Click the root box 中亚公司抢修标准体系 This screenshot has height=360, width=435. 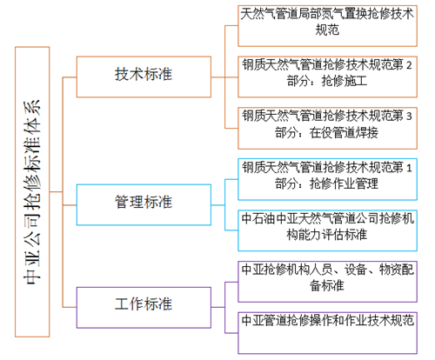click(32, 192)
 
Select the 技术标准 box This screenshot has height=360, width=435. click(144, 77)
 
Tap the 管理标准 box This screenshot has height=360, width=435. click(144, 204)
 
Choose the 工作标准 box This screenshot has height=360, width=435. click(144, 308)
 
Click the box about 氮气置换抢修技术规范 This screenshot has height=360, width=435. click(327, 26)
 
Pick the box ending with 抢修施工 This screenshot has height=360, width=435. click(327, 77)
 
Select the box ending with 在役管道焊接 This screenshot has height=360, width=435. click(327, 128)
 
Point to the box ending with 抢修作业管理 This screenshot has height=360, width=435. click(327, 179)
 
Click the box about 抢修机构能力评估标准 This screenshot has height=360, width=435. click(327, 230)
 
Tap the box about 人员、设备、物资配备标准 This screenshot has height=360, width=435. click(327, 282)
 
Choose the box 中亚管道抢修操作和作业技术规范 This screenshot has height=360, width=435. click(327, 333)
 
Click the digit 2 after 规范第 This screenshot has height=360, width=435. click(409, 65)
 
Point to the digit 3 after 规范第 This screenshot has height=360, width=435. click(409, 117)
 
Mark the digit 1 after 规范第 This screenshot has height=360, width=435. click(409, 168)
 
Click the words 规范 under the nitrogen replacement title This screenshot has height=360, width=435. click(327, 30)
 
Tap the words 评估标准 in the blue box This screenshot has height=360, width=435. click(345, 235)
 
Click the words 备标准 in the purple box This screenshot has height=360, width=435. click(327, 286)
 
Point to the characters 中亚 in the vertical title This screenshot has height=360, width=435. click(32, 268)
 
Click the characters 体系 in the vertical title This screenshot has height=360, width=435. click(32, 117)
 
